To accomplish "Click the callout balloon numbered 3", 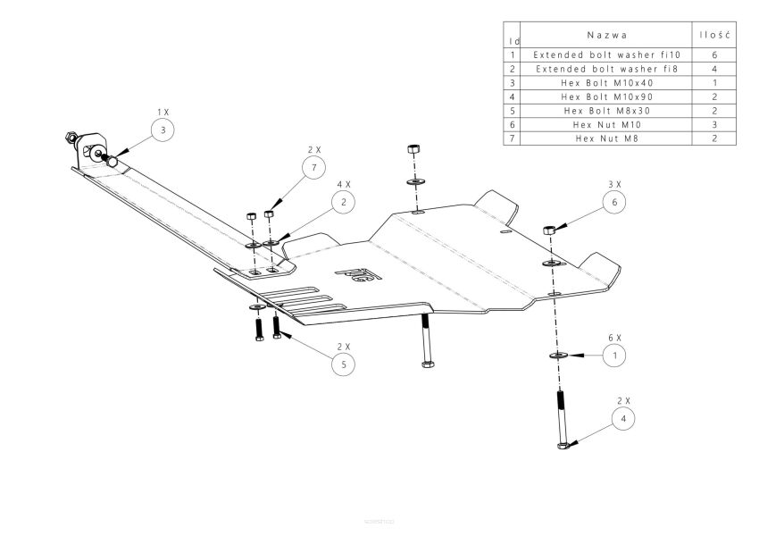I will point(162,130).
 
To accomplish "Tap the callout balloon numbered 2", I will point(343,203).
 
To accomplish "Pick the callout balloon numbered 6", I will point(613,203).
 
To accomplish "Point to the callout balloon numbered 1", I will point(613,356).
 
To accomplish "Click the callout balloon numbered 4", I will point(624,417).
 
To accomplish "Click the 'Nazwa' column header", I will point(606,36).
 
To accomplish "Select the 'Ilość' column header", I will point(714,36).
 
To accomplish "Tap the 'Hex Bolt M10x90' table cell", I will point(606,96).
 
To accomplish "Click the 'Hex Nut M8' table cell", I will point(606,138).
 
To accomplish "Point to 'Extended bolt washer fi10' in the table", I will point(606,54).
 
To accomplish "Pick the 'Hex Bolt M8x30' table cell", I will point(606,111).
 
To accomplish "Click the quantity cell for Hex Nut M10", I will point(714,124).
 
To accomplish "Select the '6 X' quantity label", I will point(613,338).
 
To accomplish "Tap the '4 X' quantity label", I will point(343,185).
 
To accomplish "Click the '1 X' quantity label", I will point(162,112).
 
